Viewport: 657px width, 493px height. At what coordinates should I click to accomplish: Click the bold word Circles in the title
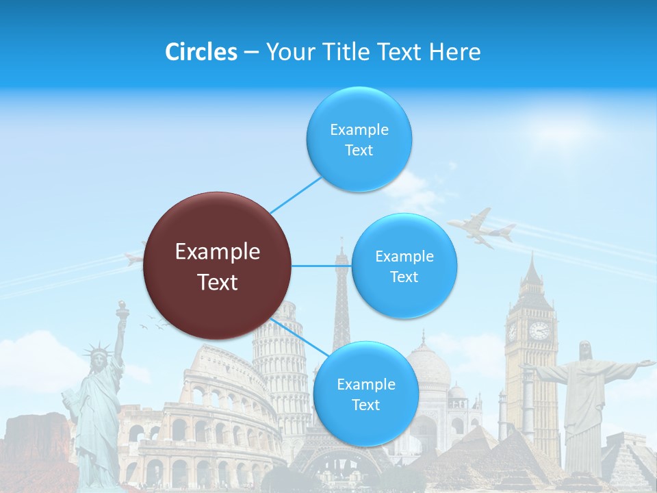(201, 52)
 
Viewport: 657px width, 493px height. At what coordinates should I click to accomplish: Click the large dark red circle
(218, 266)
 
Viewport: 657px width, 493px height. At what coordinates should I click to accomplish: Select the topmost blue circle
(359, 140)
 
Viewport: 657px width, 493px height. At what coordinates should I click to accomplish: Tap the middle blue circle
(404, 266)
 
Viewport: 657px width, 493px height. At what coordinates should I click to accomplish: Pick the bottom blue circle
(365, 394)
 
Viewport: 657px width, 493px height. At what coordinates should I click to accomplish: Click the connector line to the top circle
(296, 194)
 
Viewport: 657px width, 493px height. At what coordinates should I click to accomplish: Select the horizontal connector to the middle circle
(321, 266)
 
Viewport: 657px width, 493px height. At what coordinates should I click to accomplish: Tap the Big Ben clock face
(539, 331)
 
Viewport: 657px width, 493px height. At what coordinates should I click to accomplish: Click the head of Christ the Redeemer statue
(585, 350)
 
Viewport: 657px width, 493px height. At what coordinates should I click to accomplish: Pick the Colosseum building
(198, 418)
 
